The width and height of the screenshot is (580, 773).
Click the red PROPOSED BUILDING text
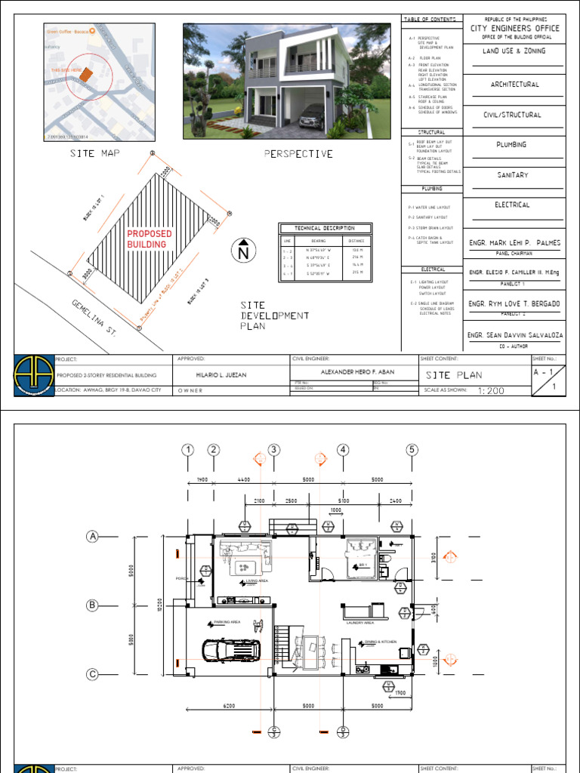click(x=150, y=239)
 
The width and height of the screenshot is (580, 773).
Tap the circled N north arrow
click(x=243, y=252)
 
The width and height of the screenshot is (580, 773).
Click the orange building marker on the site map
click(x=87, y=74)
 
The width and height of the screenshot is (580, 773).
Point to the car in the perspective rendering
click(x=313, y=116)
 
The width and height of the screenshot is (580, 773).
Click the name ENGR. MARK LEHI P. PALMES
click(x=515, y=242)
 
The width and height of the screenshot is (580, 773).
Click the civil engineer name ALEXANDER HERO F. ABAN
click(x=353, y=373)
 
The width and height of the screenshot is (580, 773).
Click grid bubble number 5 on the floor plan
click(x=412, y=451)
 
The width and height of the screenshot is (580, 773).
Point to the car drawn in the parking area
click(x=230, y=650)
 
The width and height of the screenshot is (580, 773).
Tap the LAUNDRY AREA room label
click(x=360, y=623)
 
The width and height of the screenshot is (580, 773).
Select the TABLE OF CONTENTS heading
click(x=430, y=18)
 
